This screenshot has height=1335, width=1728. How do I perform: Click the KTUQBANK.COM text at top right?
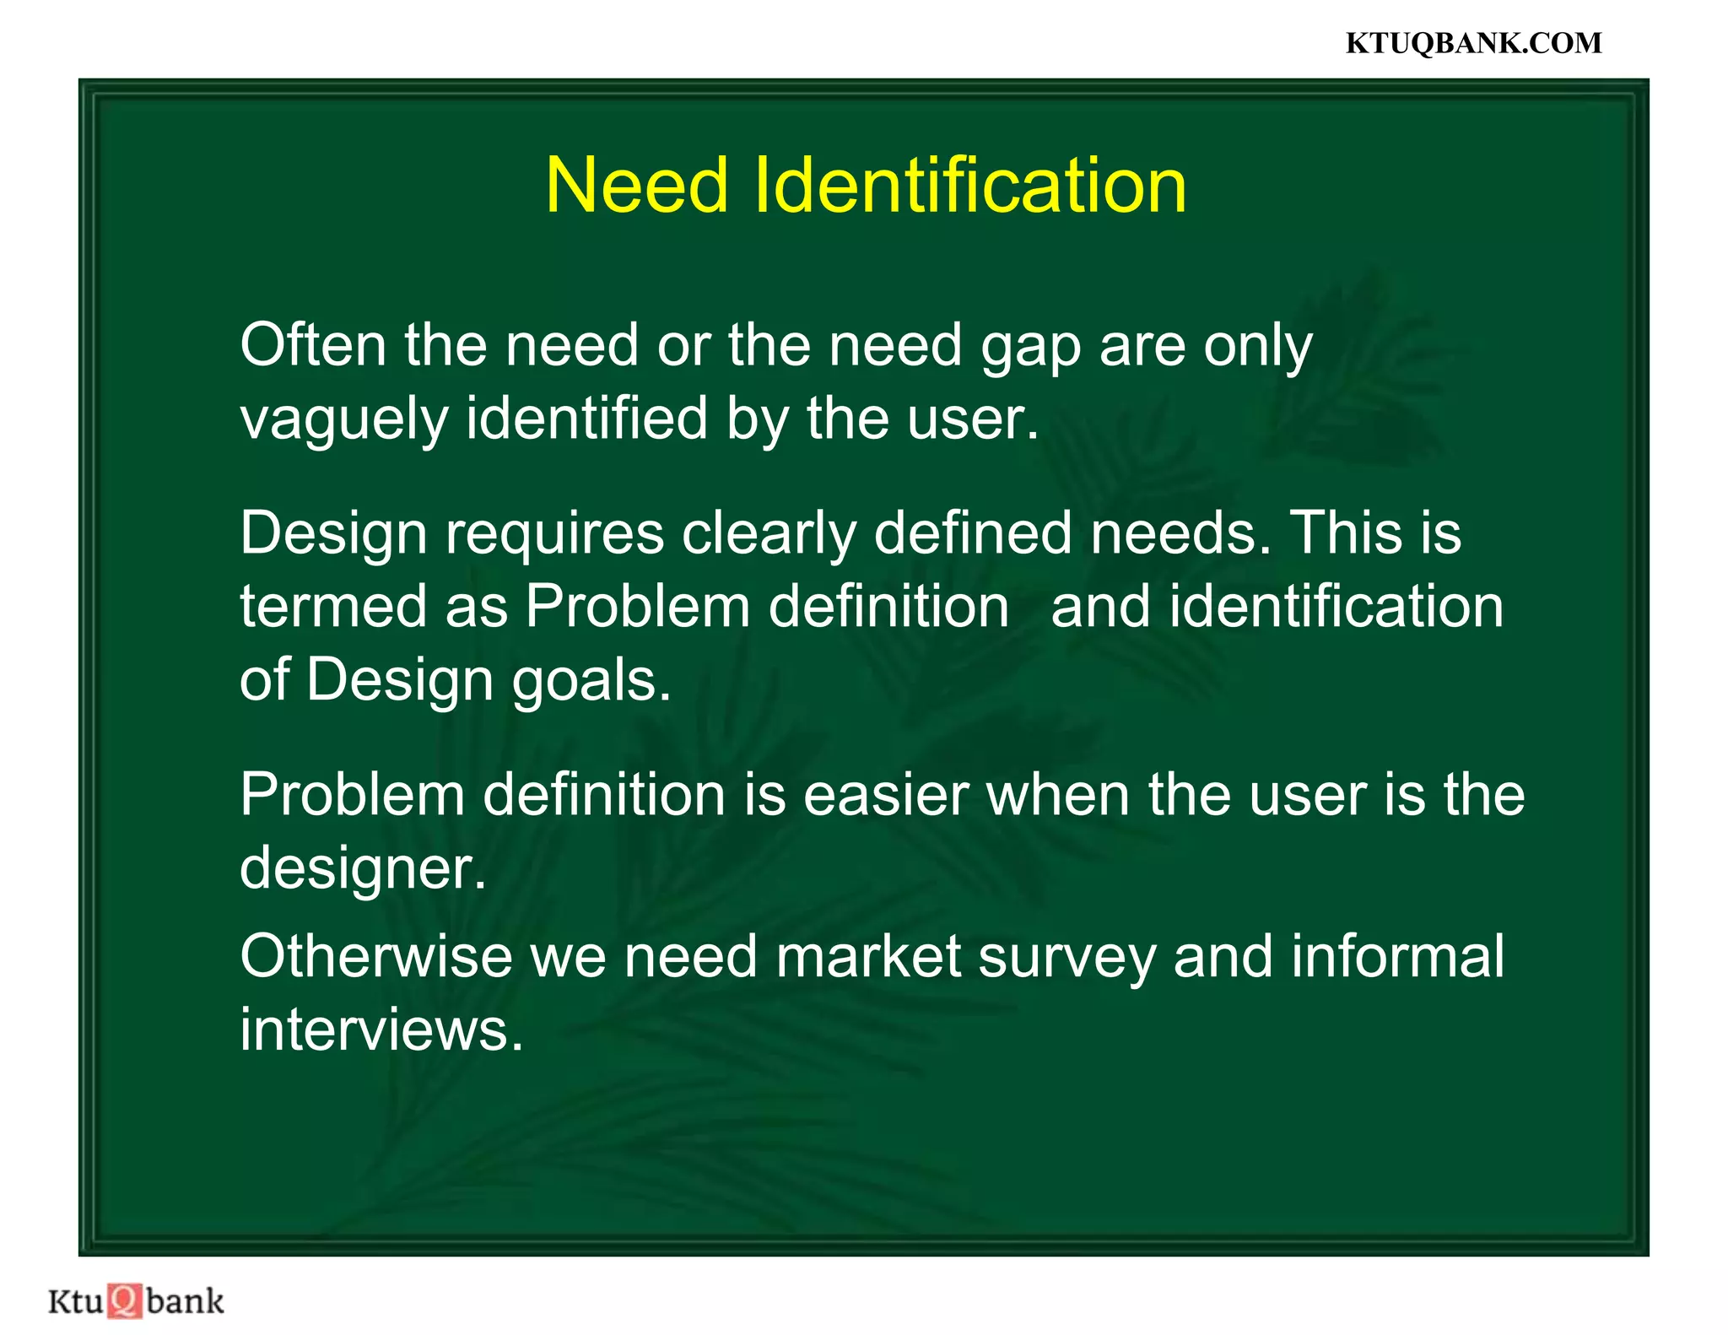1472,43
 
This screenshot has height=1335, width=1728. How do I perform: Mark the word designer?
363,869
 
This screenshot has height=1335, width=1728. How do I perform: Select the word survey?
1066,959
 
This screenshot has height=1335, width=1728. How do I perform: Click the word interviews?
381,1030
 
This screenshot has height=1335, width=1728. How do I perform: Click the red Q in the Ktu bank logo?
125,1300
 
